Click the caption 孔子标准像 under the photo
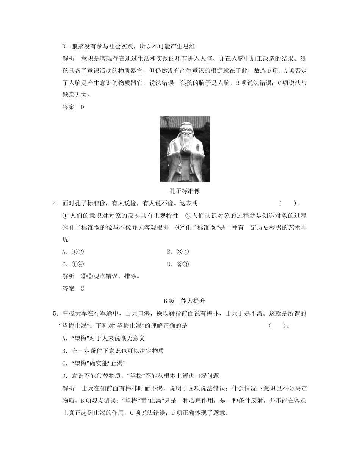[185, 191]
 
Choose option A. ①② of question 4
[73, 252]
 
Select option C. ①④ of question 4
[73, 264]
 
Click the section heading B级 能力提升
[184, 301]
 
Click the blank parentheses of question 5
[276, 325]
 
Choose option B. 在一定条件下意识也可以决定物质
[113, 351]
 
